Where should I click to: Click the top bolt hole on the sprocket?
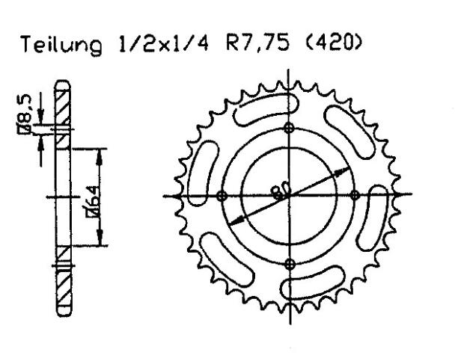290,128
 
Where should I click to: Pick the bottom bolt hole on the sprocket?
290,263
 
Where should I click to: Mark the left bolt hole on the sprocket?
221,196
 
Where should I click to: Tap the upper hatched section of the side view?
64,105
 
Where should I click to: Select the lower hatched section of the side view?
64,288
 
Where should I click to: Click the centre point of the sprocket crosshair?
290,196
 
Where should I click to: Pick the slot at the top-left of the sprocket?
257,113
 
